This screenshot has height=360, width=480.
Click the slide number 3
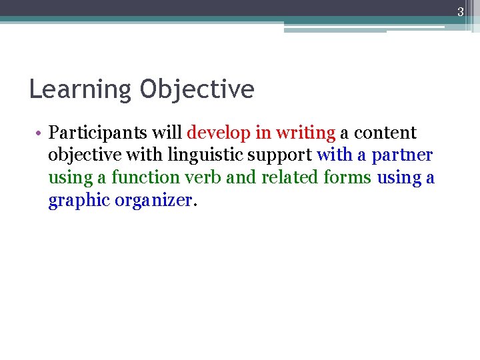[x=459, y=11]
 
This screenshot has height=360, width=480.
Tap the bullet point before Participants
[x=40, y=133]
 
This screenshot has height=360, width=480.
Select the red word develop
[x=218, y=133]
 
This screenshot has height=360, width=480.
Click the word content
[x=385, y=133]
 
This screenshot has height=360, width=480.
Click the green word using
[x=70, y=178]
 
